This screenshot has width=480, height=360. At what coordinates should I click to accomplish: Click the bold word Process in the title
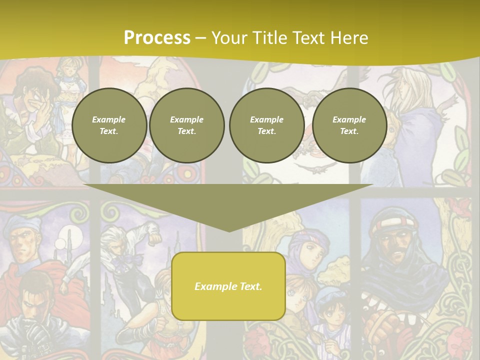click(157, 38)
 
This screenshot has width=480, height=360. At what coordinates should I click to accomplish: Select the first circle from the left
click(109, 125)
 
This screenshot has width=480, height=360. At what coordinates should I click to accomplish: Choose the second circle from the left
click(187, 125)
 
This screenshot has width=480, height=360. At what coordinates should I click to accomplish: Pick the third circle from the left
click(266, 125)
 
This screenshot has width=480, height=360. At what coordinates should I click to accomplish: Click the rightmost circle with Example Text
click(349, 125)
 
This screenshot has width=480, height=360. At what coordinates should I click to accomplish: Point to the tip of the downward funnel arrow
click(229, 230)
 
